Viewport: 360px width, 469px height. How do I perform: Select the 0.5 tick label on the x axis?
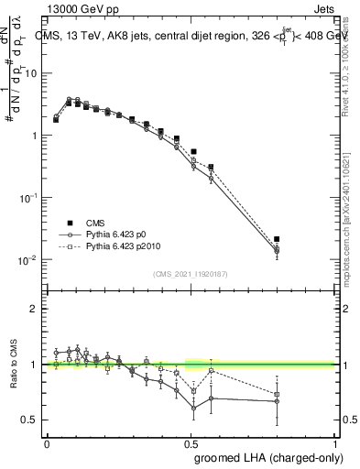(191, 443)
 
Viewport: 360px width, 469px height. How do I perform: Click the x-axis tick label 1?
(336, 443)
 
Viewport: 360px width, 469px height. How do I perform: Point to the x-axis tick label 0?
(47, 443)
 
